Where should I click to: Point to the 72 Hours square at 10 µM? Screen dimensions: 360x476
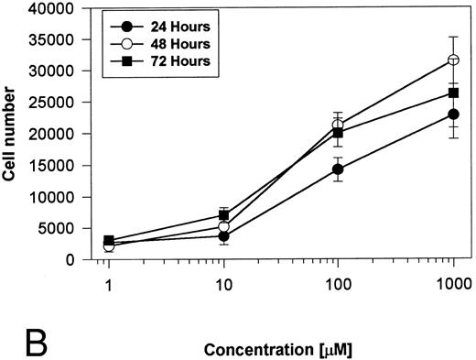coord(223,215)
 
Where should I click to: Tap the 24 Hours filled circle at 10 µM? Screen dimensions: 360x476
coord(223,235)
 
